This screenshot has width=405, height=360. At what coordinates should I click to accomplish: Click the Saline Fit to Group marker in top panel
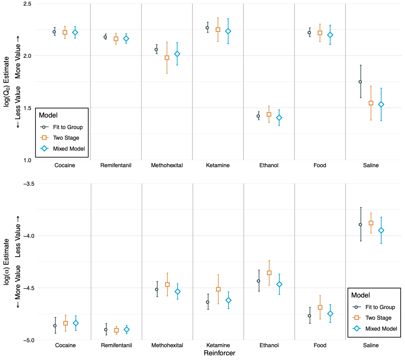click(x=360, y=82)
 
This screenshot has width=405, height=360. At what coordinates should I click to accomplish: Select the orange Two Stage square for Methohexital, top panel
click(x=167, y=58)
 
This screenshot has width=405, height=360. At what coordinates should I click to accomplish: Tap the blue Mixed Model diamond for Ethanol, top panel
click(x=279, y=118)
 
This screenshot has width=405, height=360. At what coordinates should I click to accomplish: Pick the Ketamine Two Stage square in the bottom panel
click(x=218, y=289)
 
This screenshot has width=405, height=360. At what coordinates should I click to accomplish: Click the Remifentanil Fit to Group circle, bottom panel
click(x=106, y=330)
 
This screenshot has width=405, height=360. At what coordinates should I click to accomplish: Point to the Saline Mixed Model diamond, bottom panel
click(x=381, y=231)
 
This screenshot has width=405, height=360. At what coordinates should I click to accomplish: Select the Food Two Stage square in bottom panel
click(x=320, y=307)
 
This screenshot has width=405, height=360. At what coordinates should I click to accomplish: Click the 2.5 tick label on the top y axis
click(x=27, y=4)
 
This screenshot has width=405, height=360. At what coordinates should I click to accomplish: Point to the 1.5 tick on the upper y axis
click(x=27, y=108)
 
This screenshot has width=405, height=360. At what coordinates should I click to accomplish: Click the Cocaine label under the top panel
click(x=65, y=165)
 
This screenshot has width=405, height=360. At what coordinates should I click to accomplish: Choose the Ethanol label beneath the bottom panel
click(x=269, y=345)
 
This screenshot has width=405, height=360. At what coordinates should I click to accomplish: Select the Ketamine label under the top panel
click(x=218, y=165)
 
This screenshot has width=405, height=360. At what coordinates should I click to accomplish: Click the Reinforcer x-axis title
click(x=219, y=353)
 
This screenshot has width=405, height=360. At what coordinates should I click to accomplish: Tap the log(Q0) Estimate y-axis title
click(x=7, y=82)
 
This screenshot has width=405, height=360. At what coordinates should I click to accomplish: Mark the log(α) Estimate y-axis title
click(x=7, y=262)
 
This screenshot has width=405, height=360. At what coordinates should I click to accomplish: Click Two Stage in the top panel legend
click(x=66, y=138)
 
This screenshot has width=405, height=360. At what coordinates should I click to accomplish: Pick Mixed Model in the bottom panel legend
click(x=381, y=329)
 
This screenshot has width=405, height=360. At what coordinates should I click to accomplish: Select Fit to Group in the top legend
click(x=68, y=127)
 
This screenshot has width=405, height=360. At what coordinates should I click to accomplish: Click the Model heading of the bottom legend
click(x=360, y=295)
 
